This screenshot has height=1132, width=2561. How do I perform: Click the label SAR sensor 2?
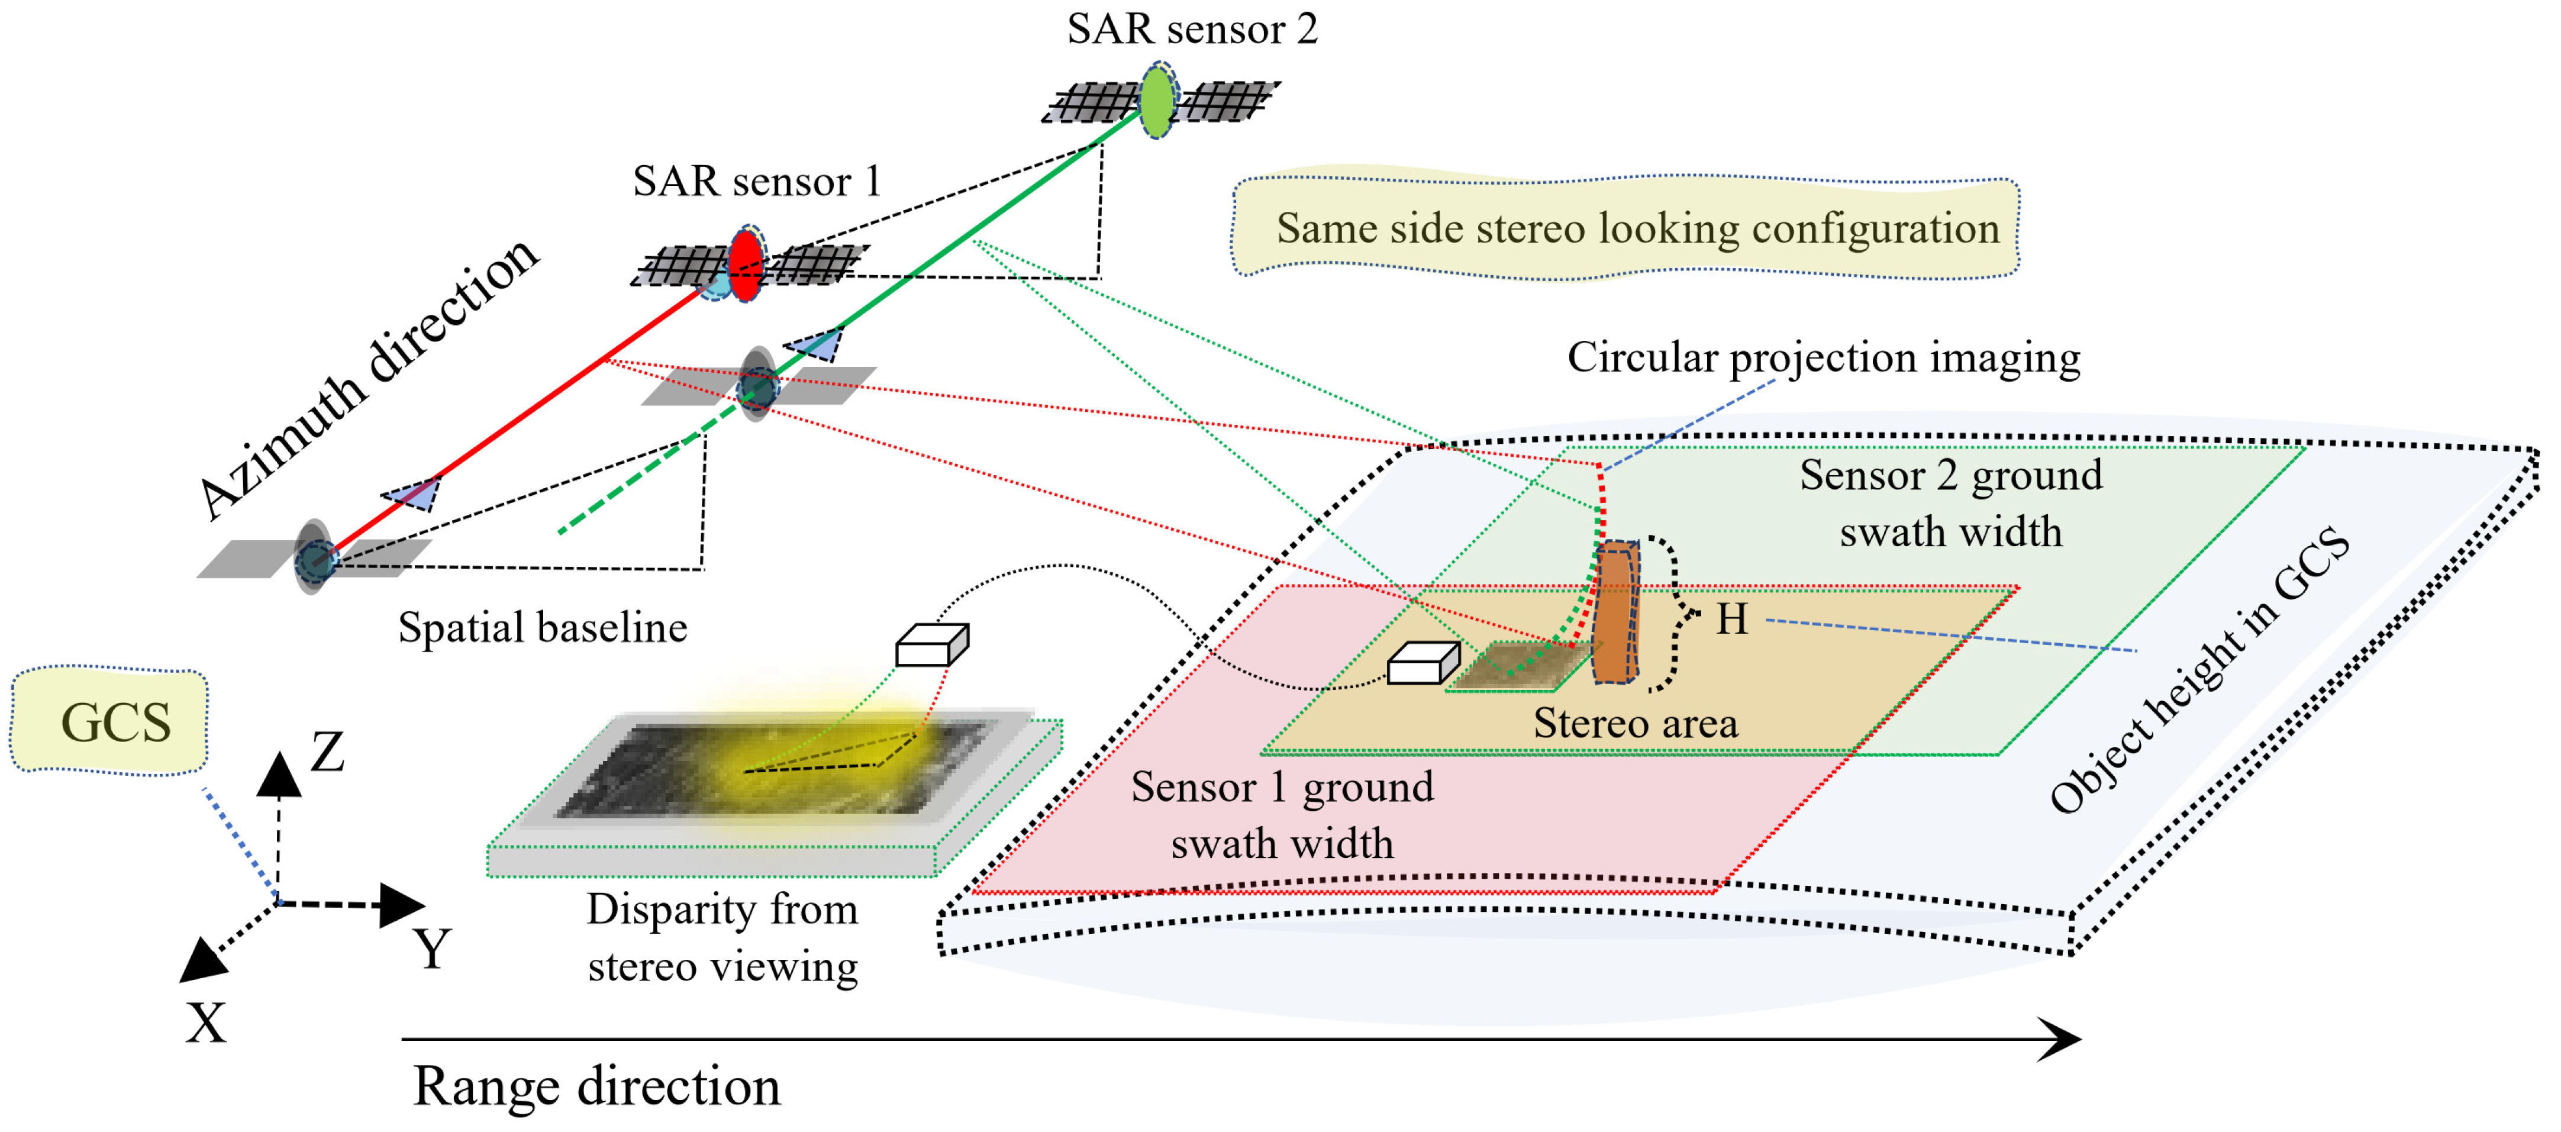pyautogui.click(x=1191, y=29)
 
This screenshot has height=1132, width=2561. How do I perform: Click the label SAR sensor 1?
pyautogui.click(x=757, y=182)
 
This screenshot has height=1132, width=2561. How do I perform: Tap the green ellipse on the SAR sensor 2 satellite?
pyautogui.click(x=1156, y=101)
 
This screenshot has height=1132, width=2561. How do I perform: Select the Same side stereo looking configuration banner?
pyautogui.click(x=1627, y=228)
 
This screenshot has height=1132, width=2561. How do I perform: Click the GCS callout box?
pyautogui.click(x=111, y=721)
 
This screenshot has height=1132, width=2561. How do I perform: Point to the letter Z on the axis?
pyautogui.click(x=327, y=752)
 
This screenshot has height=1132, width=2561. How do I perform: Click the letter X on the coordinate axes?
pyautogui.click(x=206, y=1022)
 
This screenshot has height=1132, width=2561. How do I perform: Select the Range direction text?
pyautogui.click(x=596, y=1085)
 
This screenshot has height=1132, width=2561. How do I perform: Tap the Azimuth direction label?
pyautogui.click(x=368, y=378)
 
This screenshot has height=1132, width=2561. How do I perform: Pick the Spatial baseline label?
pyautogui.click(x=543, y=628)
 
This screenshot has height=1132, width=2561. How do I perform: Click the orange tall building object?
pyautogui.click(x=1615, y=613)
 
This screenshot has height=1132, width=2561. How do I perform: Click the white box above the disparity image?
pyautogui.click(x=931, y=645)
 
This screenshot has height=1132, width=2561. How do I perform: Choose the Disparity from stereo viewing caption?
pyautogui.click(x=723, y=937)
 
